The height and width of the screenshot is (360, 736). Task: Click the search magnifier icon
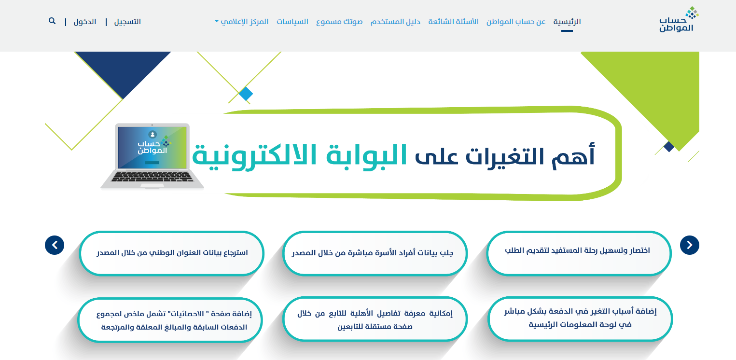coord(52,21)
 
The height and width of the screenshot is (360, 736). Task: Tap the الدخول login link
coord(85,22)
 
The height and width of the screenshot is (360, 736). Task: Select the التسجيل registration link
coord(127,22)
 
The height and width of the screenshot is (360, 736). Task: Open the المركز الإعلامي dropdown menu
coord(242,22)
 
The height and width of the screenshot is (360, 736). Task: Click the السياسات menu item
coord(292,22)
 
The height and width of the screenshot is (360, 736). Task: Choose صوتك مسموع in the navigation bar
coord(339,22)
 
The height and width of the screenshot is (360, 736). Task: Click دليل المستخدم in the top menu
coord(396,22)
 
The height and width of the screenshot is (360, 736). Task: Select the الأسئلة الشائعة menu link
coord(454,22)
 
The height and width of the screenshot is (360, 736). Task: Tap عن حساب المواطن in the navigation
coord(516,22)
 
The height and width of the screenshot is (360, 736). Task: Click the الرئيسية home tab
coord(567,22)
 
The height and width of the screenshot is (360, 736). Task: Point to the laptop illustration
coord(152,156)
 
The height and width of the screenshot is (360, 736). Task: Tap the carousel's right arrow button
coord(689,245)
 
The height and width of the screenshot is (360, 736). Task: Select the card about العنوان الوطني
coord(171,253)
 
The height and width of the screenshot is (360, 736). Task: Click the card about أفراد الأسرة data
coord(375,253)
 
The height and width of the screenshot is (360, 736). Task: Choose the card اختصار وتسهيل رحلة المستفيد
coord(579,253)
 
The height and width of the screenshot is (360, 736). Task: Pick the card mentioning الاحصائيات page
coord(170,320)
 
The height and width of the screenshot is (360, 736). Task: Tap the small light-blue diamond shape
coord(246,94)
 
